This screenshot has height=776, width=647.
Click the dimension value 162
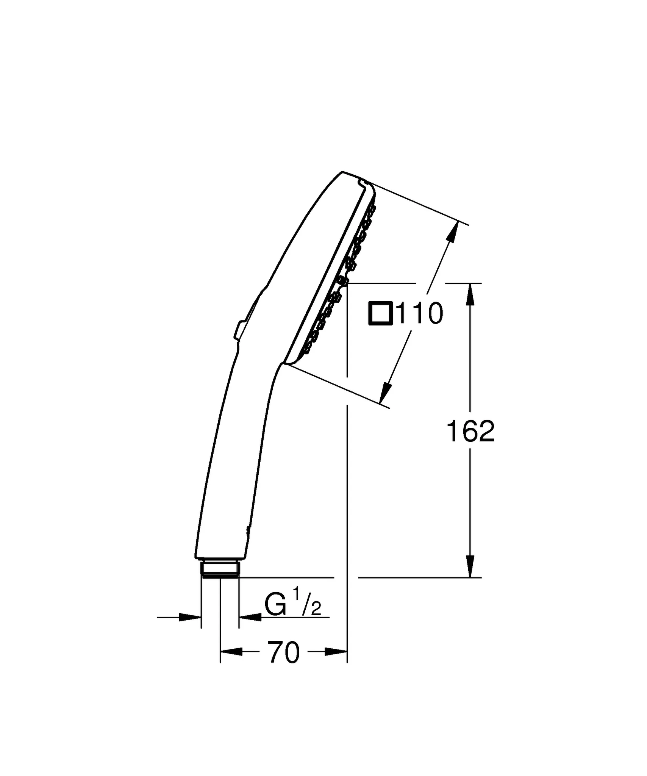[x=470, y=432]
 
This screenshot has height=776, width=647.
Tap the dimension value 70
[x=284, y=652]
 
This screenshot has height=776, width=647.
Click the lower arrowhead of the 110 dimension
[x=384, y=393]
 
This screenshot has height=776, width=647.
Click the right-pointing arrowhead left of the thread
[x=189, y=617]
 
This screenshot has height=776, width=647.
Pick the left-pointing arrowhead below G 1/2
[x=250, y=617]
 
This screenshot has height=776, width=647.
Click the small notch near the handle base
[x=248, y=530]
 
